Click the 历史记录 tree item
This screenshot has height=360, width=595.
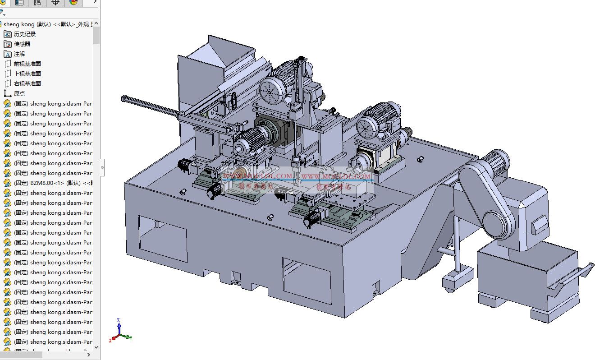pos(24,34)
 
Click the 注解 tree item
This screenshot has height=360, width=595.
pos(19,54)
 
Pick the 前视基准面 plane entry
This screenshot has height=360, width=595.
pos(27,64)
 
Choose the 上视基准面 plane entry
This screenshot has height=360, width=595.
pos(27,74)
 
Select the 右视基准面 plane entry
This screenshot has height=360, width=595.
pos(27,83)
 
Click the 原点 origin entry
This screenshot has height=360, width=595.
pos(19,93)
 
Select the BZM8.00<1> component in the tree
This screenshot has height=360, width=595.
pos(50,183)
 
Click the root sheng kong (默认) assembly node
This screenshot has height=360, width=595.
pos(45,24)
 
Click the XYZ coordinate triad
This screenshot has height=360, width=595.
pos(119,332)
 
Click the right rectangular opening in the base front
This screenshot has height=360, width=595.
pos(306,274)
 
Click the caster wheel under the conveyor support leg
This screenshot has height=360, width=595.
pos(449,284)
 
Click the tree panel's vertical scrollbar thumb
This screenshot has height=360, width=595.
pos(96,35)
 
